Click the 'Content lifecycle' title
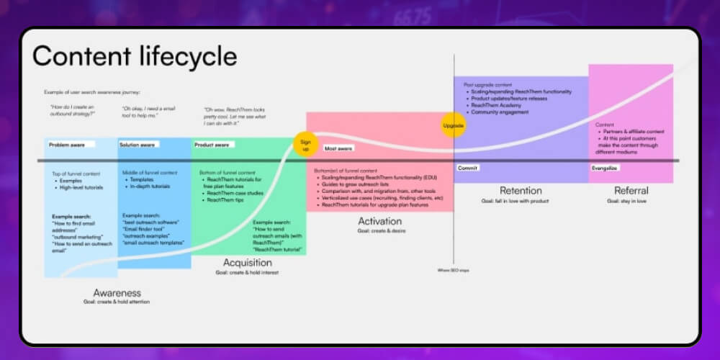click(135, 56)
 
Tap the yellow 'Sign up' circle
click(305, 143)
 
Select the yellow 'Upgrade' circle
click(453, 125)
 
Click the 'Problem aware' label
click(67, 145)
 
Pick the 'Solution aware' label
click(138, 145)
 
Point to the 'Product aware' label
click(212, 145)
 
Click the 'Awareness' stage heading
click(117, 293)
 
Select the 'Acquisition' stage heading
click(247, 263)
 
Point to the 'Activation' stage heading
click(379, 222)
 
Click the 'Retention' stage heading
click(521, 191)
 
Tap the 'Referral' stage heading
click(631, 191)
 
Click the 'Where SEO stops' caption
click(454, 270)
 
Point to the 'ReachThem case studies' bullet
click(235, 193)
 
